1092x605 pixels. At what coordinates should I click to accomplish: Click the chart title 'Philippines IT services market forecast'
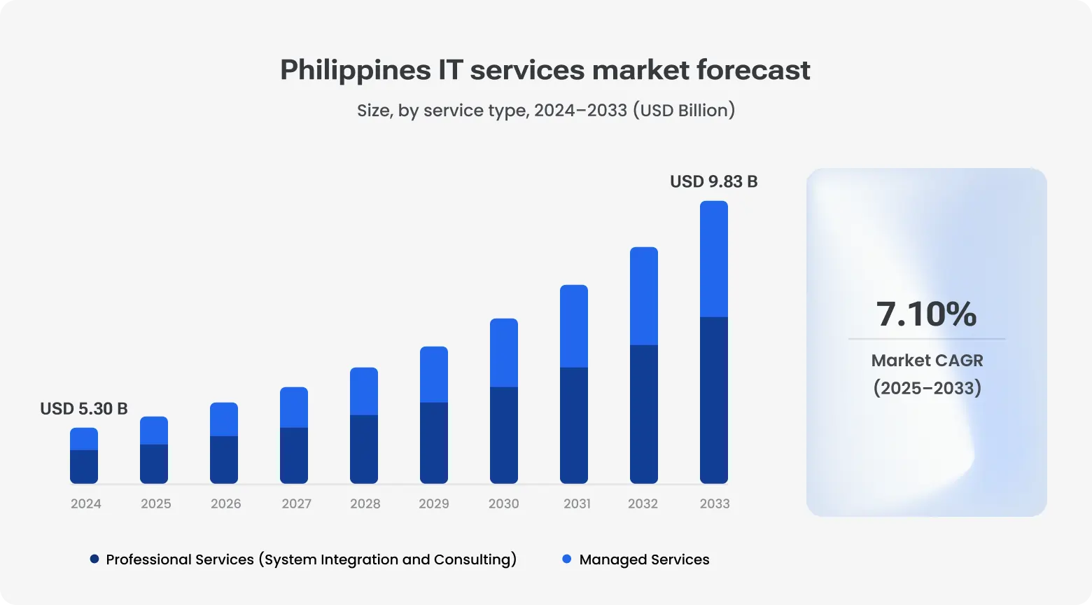coord(545,70)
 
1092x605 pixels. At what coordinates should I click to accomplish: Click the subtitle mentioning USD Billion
coord(545,111)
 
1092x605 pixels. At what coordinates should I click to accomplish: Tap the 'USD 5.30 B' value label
coord(84,409)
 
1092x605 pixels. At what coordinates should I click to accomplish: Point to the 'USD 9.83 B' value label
coord(713,182)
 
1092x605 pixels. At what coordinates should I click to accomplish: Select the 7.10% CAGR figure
coord(926,314)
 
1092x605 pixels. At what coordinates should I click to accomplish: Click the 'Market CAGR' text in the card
coord(927,361)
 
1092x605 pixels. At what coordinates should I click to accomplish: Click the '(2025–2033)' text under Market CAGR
coord(927,388)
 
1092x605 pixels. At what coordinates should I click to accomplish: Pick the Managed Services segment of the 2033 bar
coord(714,259)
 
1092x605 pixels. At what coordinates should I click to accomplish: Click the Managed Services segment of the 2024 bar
coord(84,439)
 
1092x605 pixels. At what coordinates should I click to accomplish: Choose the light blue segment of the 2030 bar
coord(504,353)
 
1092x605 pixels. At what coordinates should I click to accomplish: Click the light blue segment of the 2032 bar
coord(644,296)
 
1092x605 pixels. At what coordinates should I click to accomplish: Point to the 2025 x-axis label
coord(156,503)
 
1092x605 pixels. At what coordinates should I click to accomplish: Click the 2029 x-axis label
coord(434,503)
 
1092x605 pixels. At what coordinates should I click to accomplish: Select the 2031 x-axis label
coord(577,503)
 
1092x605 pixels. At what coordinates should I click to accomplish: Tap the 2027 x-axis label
coord(296,503)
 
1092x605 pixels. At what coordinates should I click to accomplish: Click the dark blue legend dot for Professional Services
coord(94,559)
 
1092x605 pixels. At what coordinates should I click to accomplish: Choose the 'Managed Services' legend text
coord(644,559)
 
